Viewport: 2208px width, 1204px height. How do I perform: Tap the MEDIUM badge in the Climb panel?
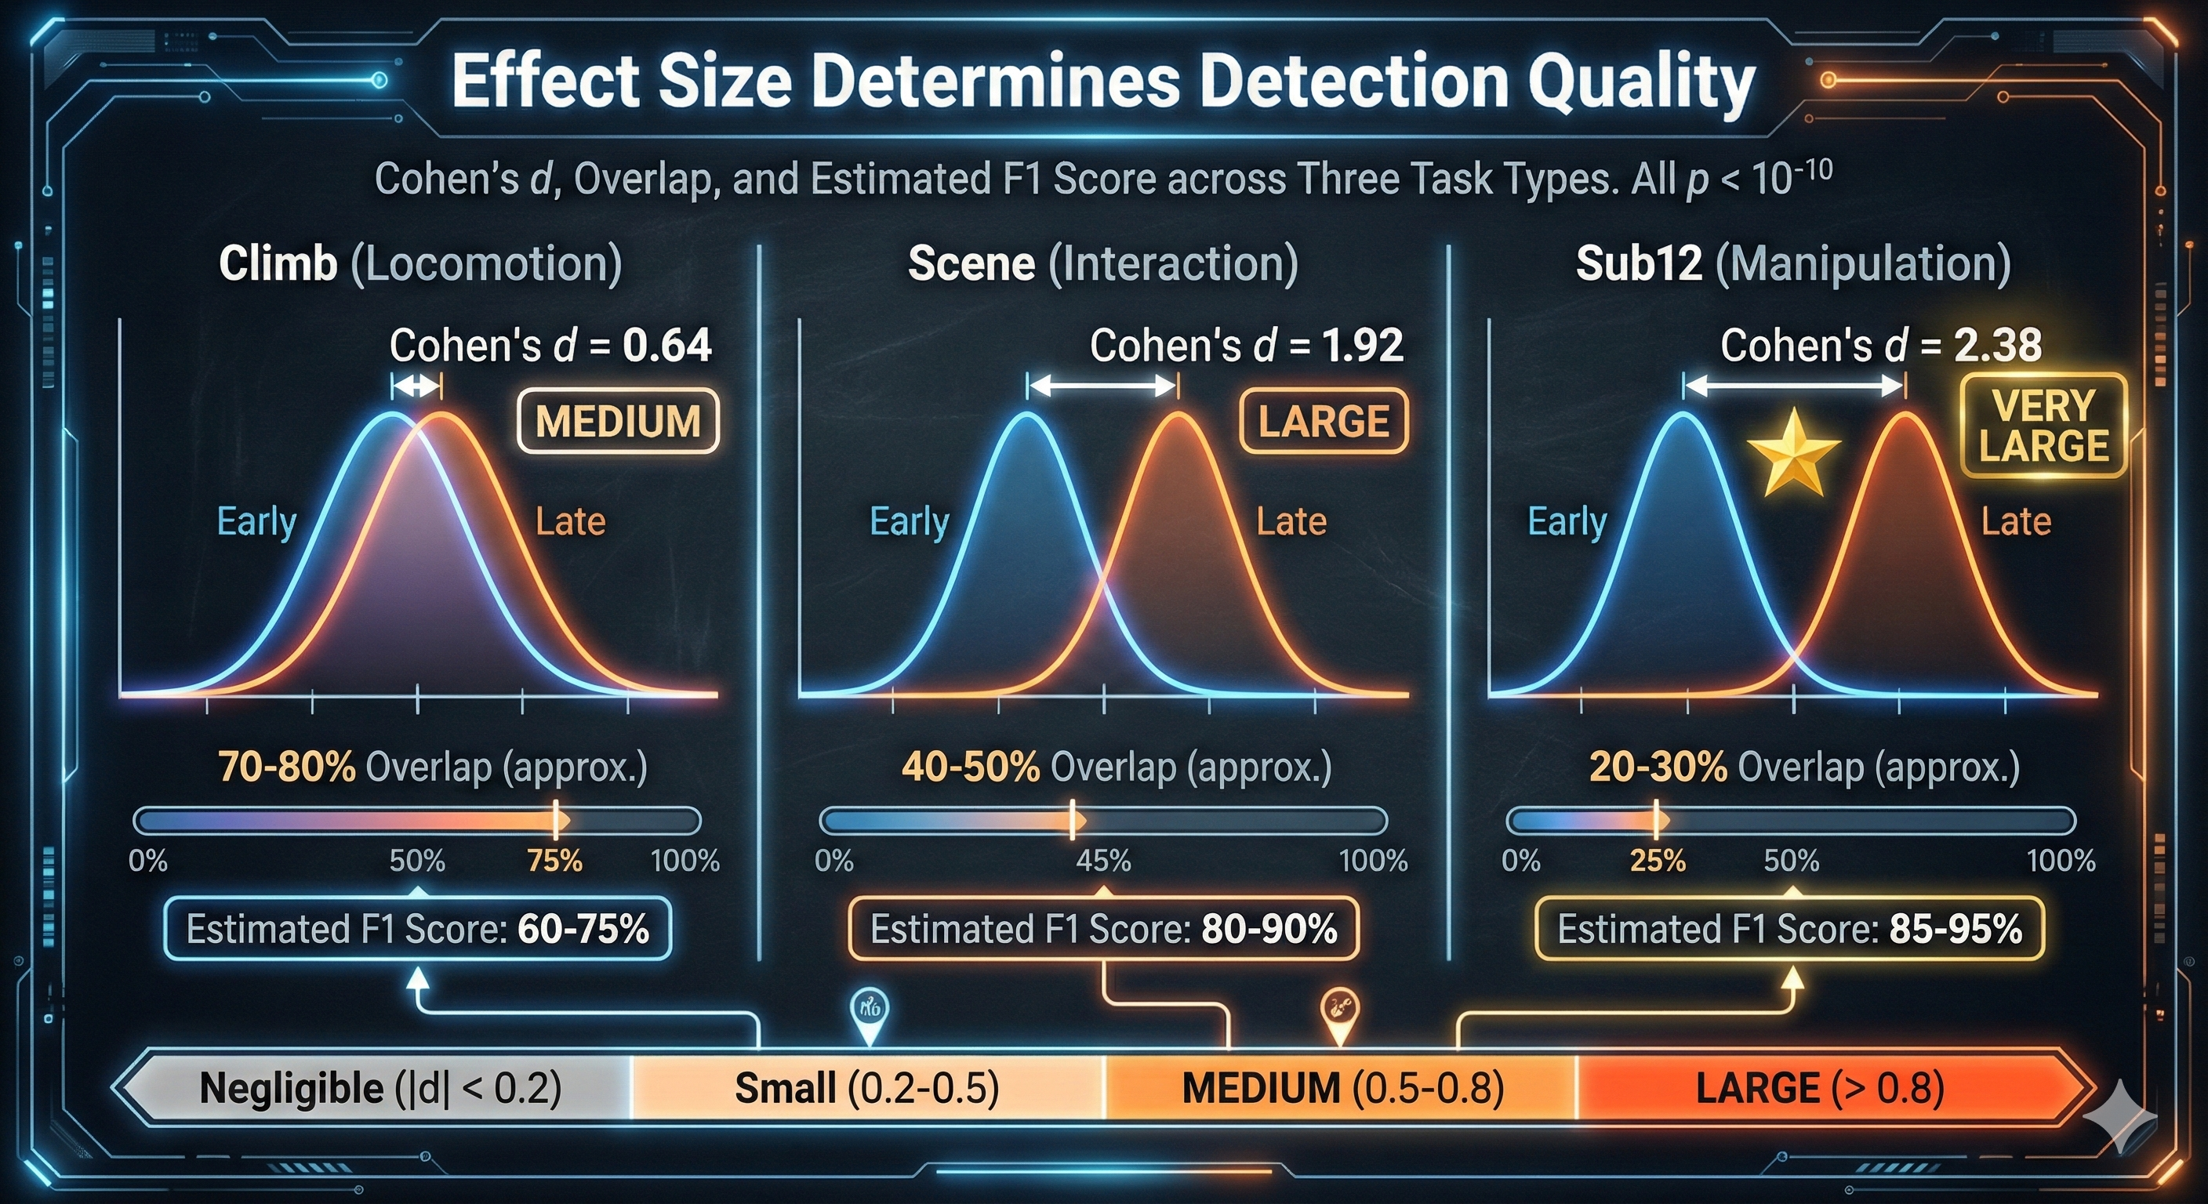[618, 422]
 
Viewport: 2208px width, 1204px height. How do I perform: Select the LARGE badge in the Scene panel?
[1324, 422]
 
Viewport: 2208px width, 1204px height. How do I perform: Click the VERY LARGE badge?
[2043, 426]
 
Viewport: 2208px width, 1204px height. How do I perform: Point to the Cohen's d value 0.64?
[666, 346]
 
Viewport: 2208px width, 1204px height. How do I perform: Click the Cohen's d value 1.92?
[1362, 346]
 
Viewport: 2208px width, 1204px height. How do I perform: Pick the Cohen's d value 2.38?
[1997, 346]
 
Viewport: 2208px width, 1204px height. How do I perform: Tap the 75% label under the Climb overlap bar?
[554, 861]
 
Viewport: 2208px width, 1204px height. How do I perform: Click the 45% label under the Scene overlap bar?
[1103, 861]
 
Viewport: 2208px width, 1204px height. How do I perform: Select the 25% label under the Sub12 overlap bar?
[1658, 861]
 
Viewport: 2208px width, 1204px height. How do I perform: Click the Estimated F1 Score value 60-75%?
[583, 929]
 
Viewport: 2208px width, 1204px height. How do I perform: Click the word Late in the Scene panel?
[1291, 521]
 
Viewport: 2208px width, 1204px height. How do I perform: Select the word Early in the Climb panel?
[256, 521]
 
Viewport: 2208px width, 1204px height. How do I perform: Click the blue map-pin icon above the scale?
[869, 1012]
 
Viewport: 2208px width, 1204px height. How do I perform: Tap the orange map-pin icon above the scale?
[1339, 1012]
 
